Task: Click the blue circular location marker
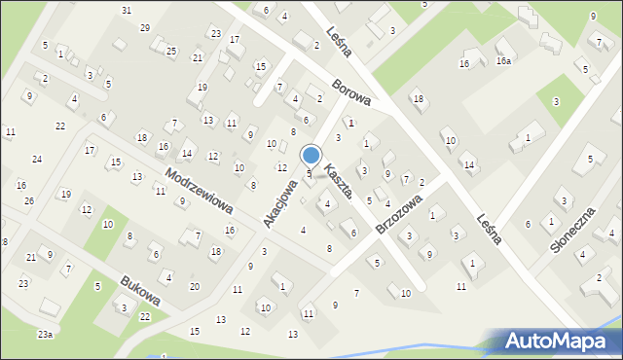(x=311, y=155)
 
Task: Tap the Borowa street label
(x=350, y=93)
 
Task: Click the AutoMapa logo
(x=558, y=342)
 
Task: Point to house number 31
(x=127, y=10)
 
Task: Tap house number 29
(x=145, y=27)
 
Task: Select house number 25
(x=171, y=51)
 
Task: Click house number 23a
(x=45, y=335)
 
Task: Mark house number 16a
(x=502, y=61)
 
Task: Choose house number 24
(x=36, y=159)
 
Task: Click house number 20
(x=195, y=286)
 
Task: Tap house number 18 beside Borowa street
(x=418, y=99)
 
